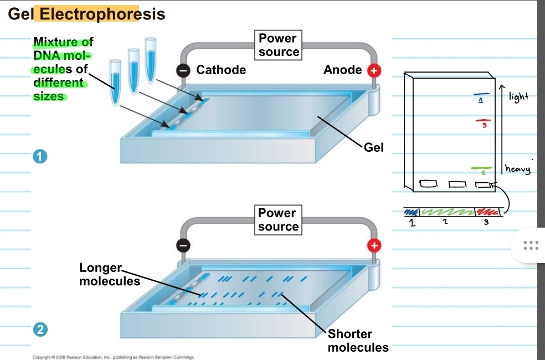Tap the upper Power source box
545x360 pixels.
click(279, 45)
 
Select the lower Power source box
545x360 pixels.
click(279, 220)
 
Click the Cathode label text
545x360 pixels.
click(221, 70)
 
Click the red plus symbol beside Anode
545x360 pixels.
click(375, 70)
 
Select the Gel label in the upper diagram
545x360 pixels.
click(374, 148)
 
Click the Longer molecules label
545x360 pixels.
click(109, 275)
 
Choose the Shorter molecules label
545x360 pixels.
click(358, 341)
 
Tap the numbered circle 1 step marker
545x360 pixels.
click(39, 157)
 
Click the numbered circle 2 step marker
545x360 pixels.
click(39, 330)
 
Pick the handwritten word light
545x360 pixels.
click(518, 97)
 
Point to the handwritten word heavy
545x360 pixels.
click(517, 169)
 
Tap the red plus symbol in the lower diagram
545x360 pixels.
click(375, 245)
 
